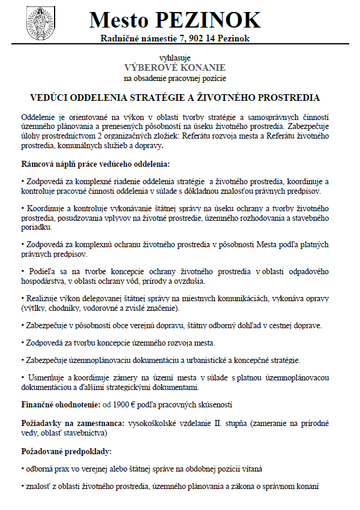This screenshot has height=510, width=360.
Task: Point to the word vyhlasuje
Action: (x=175, y=57)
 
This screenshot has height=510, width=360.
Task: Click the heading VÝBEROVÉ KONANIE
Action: (x=175, y=67)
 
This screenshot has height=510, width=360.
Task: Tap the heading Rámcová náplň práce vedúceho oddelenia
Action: (x=96, y=163)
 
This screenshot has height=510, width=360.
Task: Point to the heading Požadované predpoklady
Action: (x=67, y=451)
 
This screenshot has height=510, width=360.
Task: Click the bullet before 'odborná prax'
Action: (x=23, y=468)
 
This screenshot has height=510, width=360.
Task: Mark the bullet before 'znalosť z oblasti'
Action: (x=23, y=487)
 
